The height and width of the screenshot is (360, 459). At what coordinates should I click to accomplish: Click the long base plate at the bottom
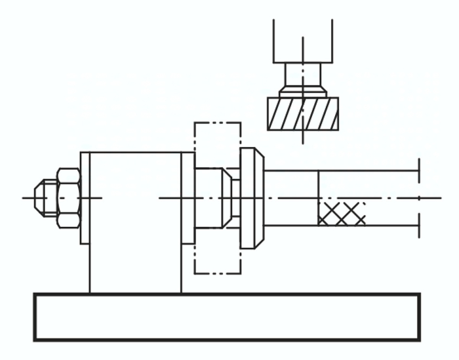pos(227,317)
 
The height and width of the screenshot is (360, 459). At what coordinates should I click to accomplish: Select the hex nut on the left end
pos(68,197)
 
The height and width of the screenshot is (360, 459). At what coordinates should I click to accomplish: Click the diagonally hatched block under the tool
pos(302,114)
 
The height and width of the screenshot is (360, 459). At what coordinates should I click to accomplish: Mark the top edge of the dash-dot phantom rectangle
pos(217,123)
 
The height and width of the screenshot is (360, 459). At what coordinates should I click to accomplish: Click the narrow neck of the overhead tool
pos(302,73)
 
